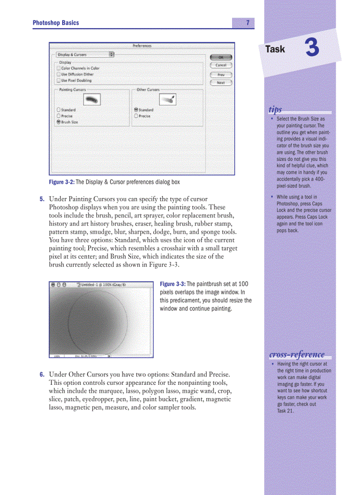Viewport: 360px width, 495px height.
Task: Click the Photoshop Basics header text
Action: click(x=56, y=23)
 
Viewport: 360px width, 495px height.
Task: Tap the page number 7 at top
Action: click(x=248, y=23)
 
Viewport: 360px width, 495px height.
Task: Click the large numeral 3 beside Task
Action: click(x=312, y=48)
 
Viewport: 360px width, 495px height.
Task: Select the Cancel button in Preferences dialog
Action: click(x=221, y=65)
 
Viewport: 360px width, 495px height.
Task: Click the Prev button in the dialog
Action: click(x=221, y=74)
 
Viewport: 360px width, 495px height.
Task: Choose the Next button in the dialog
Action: click(x=221, y=83)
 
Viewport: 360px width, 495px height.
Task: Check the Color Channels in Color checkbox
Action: click(x=59, y=68)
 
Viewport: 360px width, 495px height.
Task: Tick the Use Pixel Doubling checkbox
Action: click(x=59, y=81)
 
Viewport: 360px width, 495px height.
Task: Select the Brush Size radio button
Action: click(x=59, y=122)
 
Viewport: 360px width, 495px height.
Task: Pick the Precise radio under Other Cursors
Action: click(x=136, y=116)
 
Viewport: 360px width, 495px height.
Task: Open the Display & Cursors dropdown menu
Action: click(x=85, y=55)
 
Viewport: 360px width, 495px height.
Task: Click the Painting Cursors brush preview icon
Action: click(x=92, y=100)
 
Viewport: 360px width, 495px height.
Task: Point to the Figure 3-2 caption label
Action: click(x=62, y=182)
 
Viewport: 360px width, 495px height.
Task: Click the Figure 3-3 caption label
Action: click(x=172, y=284)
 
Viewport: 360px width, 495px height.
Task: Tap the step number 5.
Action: click(x=42, y=199)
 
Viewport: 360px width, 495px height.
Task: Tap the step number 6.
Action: click(x=42, y=375)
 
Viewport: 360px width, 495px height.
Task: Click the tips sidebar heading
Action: click(x=275, y=109)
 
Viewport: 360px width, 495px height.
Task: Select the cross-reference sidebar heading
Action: click(x=297, y=354)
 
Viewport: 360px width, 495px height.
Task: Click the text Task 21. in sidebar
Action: click(x=286, y=411)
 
